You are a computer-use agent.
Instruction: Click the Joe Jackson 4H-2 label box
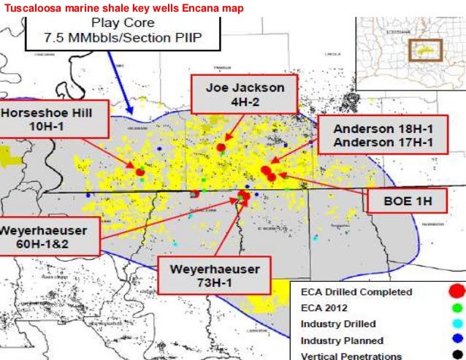244,94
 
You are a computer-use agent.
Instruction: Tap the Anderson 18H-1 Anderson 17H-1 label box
383,134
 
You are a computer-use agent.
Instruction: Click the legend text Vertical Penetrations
348,355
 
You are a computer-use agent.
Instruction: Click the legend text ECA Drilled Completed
356,292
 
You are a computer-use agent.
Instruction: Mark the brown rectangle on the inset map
424,50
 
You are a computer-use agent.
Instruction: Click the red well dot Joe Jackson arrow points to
221,148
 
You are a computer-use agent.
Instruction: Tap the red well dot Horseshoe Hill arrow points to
140,172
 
